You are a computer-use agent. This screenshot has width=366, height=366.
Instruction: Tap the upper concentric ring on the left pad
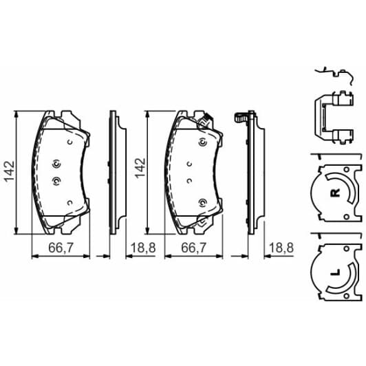tap(57, 164)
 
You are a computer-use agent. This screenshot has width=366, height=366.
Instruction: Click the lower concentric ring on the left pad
tap(57, 182)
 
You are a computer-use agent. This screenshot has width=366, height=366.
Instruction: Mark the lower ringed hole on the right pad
tap(203, 202)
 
